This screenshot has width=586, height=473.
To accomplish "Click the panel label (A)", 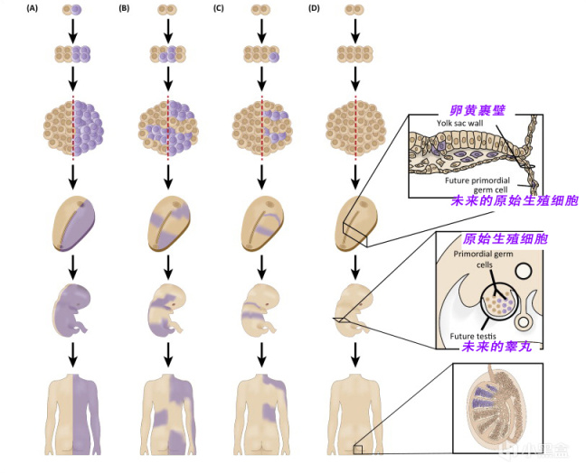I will [33, 9].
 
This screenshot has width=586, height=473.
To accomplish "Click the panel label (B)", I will [124, 9].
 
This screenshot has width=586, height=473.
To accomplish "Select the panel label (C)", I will [218, 9].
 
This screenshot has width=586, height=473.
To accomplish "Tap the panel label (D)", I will [314, 9].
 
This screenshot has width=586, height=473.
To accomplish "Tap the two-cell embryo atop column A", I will [73, 11].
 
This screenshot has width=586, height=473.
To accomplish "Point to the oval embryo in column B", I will [168, 220].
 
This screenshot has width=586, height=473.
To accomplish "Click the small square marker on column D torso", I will [359, 450].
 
